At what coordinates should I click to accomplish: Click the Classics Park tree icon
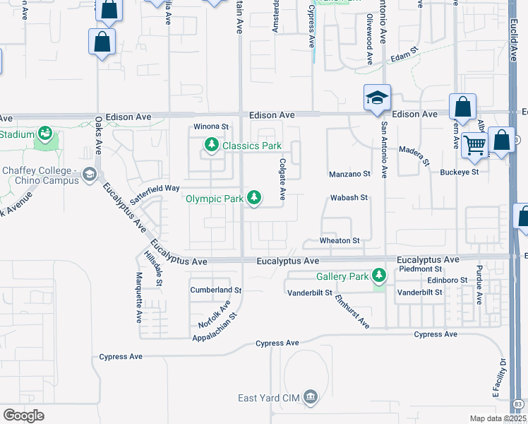211,146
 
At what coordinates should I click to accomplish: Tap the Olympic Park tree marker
253,199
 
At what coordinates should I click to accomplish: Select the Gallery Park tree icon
380,275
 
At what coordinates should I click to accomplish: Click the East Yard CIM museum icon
311,399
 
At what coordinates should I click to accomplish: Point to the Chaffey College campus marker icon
89,173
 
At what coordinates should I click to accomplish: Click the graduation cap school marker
377,98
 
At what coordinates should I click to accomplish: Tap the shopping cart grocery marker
475,145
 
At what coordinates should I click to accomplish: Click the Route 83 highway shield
519,404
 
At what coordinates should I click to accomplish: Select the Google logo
23,416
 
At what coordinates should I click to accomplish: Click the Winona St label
212,127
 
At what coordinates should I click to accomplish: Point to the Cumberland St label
216,290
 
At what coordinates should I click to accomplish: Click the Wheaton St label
340,241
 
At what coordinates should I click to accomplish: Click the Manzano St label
349,174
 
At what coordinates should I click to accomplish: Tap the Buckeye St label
460,172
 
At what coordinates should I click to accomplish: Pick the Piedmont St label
420,269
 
